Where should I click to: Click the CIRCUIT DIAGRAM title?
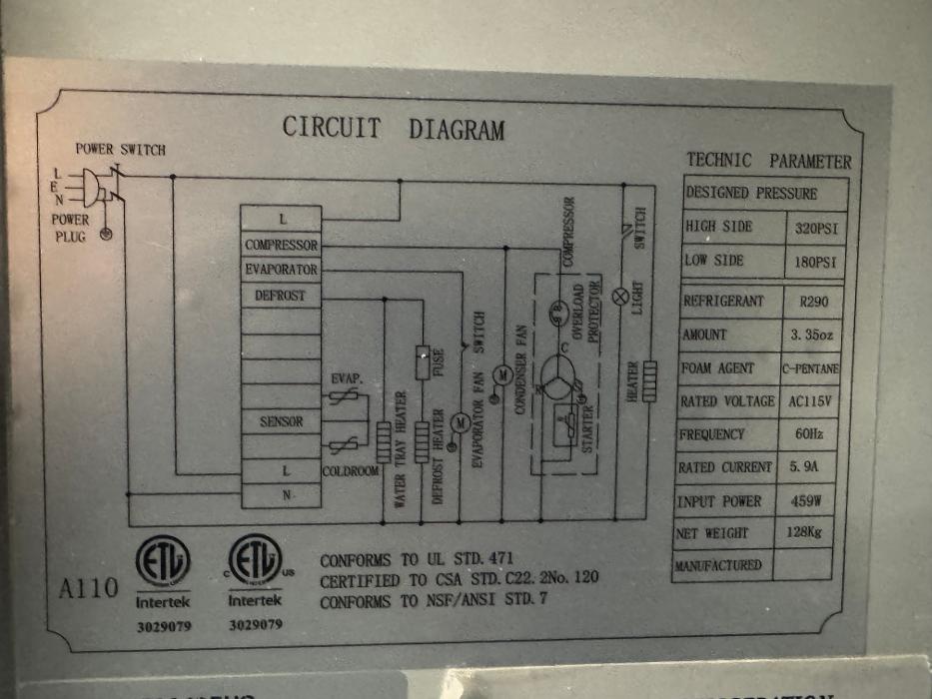pos(393,129)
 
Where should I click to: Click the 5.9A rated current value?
pos(807,466)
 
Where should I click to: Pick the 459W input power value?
pos(807,500)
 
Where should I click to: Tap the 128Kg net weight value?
pos(805,533)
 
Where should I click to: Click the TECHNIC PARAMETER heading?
pos(768,161)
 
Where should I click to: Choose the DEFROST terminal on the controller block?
pos(281,296)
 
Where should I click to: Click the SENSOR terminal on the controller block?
pos(281,421)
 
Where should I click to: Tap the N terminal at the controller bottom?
pos(286,494)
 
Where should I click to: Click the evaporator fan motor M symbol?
pos(461,421)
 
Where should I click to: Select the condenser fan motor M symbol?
pos(503,373)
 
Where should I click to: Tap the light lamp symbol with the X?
pos(620,295)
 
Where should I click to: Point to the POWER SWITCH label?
pos(121,150)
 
